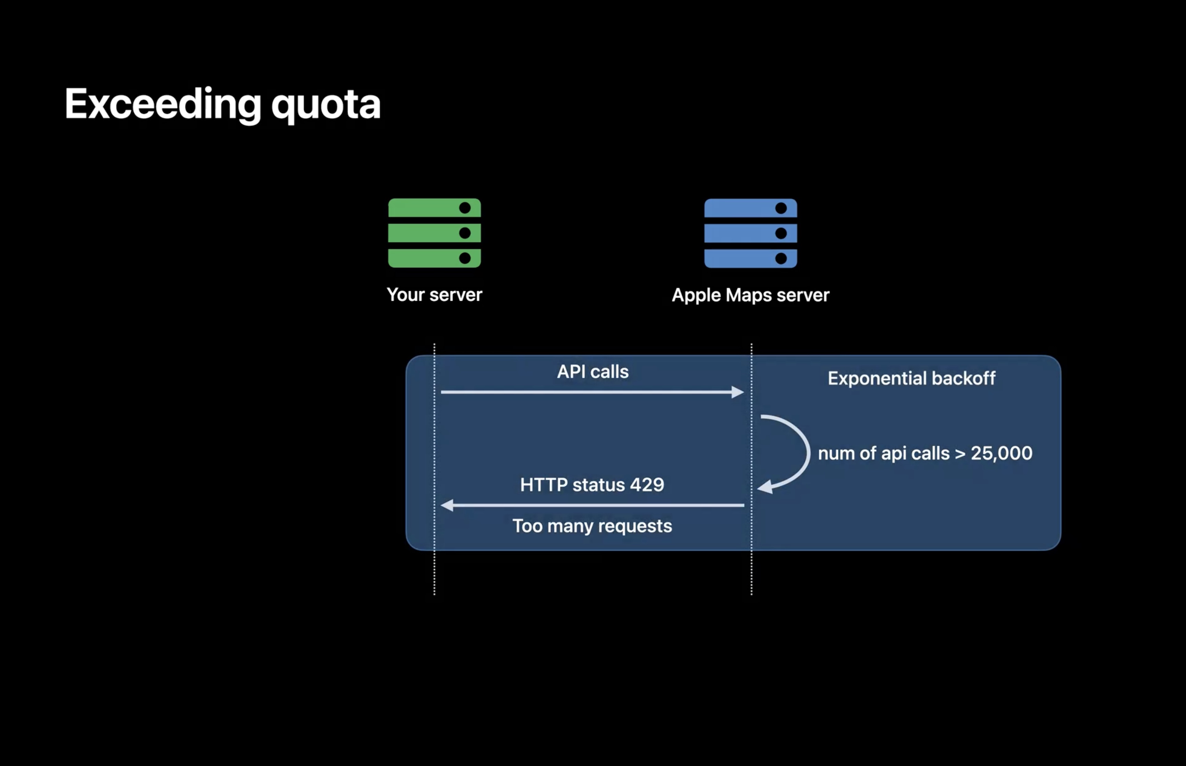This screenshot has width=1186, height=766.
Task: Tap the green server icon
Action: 434,233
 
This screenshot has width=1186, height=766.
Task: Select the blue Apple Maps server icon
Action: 751,233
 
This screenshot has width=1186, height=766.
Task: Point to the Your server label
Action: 434,295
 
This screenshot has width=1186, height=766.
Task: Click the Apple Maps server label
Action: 751,295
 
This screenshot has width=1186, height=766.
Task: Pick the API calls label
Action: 592,372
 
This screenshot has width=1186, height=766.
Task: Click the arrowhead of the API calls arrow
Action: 738,392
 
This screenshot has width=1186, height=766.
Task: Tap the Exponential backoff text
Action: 911,378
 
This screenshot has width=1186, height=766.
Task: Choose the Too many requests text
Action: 592,526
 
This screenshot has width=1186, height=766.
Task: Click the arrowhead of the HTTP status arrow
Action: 447,505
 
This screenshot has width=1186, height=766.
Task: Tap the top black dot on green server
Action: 465,208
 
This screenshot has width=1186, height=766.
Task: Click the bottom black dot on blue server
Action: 781,258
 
